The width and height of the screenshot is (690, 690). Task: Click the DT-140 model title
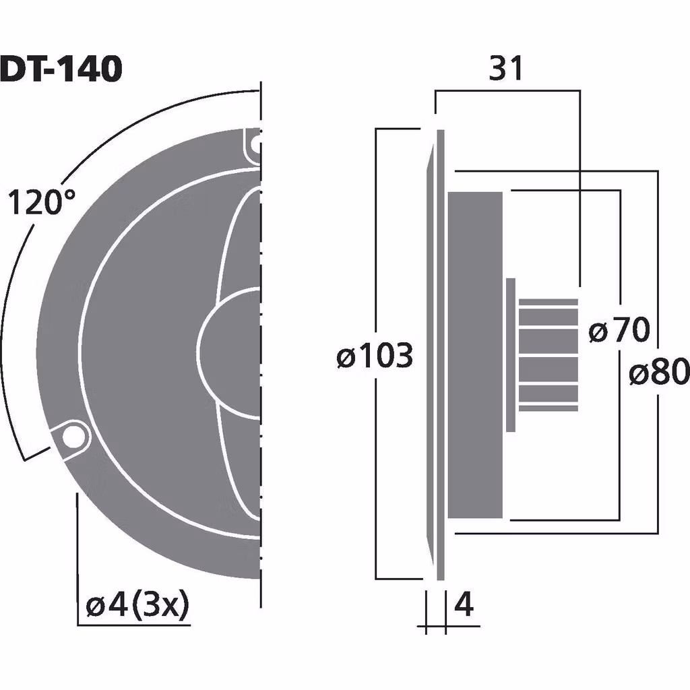click(61, 69)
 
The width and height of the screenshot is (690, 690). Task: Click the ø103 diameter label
click(375, 355)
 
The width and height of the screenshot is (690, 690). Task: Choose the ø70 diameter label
click(619, 331)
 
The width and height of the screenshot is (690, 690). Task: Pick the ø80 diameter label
click(658, 372)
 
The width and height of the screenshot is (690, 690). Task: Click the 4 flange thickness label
click(464, 605)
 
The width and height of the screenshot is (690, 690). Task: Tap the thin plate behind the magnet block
click(511, 354)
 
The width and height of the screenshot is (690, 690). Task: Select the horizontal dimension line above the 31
click(507, 92)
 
